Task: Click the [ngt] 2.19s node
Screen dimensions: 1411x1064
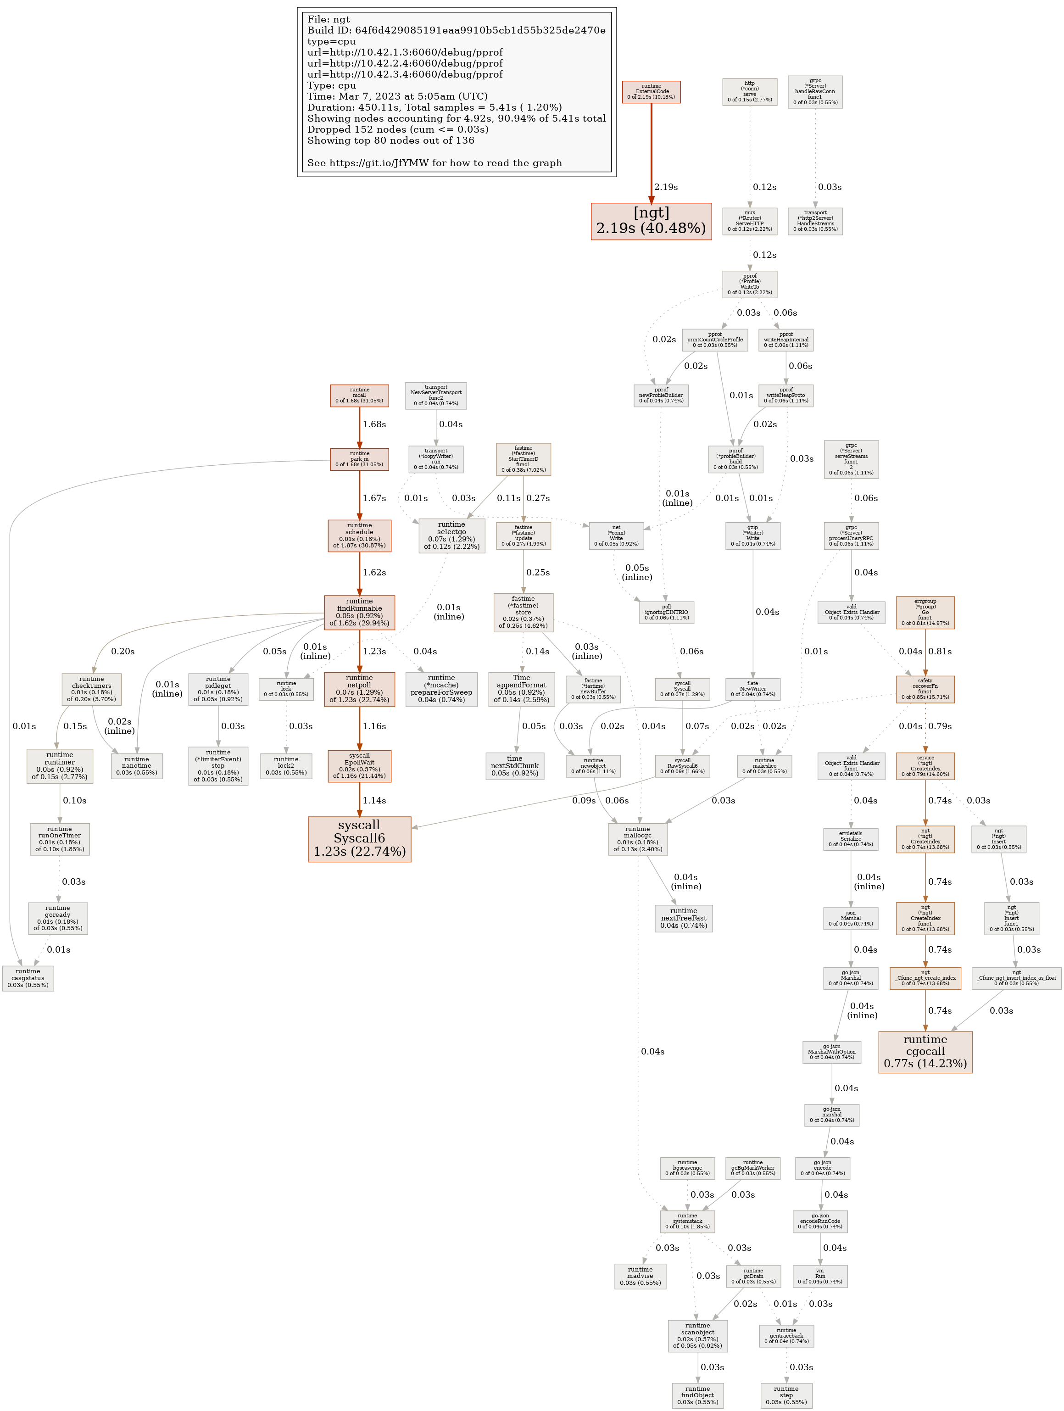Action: pos(651,221)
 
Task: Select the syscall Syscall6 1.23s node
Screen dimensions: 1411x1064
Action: pos(359,838)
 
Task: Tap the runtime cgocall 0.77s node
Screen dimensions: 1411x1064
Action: pos(925,1051)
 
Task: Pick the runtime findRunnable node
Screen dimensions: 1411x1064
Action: pos(359,612)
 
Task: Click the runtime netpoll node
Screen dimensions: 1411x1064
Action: pos(359,688)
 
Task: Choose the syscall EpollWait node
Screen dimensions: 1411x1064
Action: pos(359,765)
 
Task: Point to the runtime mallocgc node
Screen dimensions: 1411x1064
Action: pos(637,839)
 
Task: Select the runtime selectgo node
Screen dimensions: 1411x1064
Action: pos(451,535)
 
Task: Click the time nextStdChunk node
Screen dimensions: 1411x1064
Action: pos(514,765)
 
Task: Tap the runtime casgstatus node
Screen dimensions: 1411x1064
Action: pos(28,978)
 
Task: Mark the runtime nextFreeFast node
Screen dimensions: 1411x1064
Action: pos(683,918)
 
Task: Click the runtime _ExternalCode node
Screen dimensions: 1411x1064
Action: pos(651,91)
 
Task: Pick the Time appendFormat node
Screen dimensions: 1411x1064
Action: pos(521,688)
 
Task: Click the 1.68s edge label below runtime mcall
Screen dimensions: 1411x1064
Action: pos(374,424)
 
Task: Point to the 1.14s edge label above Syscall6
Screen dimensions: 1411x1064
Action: pos(374,801)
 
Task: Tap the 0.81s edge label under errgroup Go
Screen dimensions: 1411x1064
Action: pos(940,651)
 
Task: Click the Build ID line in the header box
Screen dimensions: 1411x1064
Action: pos(456,30)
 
